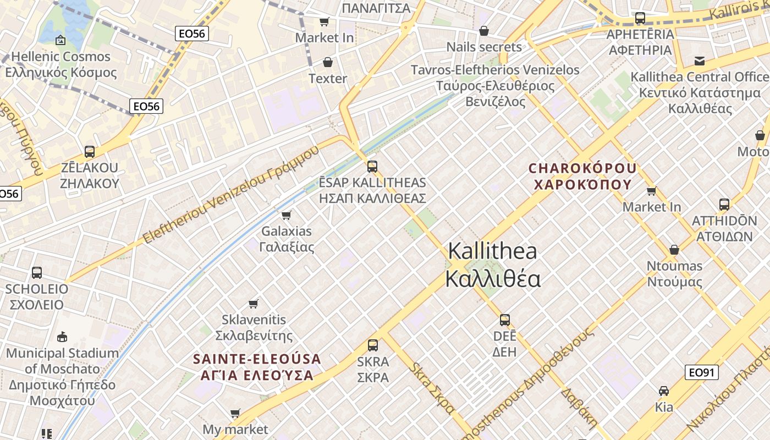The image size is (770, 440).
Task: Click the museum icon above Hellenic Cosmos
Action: [x=60, y=40]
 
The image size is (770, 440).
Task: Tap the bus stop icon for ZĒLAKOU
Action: [x=90, y=151]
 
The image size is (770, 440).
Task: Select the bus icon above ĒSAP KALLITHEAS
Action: [x=372, y=166]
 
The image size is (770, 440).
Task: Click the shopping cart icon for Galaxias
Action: [x=286, y=215]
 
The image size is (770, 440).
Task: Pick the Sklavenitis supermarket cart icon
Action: [x=254, y=304]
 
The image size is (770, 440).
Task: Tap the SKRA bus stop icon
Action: [x=373, y=345]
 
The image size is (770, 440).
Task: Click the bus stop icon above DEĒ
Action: [x=505, y=320]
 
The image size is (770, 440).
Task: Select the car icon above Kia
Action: [x=664, y=391]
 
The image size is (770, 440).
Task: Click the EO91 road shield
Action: [x=702, y=372]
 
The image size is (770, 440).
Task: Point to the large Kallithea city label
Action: [x=493, y=265]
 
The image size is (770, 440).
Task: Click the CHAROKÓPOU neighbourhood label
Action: [x=582, y=176]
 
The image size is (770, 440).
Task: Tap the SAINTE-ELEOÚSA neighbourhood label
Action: [x=257, y=367]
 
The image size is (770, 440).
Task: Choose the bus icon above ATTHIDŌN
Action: [x=724, y=205]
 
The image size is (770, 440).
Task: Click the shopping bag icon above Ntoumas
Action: [x=674, y=250]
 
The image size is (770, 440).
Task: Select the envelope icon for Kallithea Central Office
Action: [x=700, y=61]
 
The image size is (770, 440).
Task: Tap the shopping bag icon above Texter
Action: [x=328, y=62]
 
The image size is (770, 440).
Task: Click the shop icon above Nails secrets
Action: [x=484, y=31]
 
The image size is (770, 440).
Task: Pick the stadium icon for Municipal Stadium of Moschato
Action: [x=62, y=337]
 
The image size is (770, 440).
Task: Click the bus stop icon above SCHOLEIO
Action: [x=37, y=272]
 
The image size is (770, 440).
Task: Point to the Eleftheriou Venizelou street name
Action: [x=231, y=195]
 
